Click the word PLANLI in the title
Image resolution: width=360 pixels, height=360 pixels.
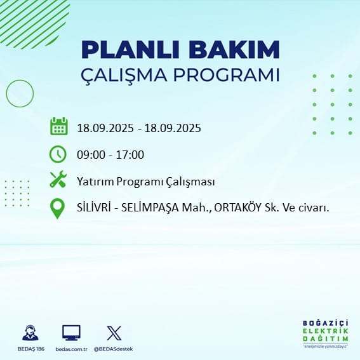pyautogui.click(x=130, y=50)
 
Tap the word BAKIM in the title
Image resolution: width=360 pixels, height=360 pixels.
pyautogui.click(x=234, y=50)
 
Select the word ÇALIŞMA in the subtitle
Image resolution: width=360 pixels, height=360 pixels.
pyautogui.click(x=124, y=75)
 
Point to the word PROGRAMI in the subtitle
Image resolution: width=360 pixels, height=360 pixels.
pyautogui.click(x=226, y=75)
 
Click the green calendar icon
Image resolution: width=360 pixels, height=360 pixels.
pyautogui.click(x=59, y=126)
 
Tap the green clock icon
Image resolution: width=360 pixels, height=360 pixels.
pyautogui.click(x=58, y=154)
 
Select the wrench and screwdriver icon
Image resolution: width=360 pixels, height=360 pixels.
pyautogui.click(x=58, y=179)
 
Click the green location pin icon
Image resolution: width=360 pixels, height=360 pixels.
pyautogui.click(x=57, y=208)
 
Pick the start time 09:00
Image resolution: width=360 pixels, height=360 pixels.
pyautogui.click(x=91, y=155)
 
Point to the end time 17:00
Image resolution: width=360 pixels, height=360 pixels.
pyautogui.click(x=130, y=155)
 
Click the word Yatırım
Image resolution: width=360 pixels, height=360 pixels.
pyautogui.click(x=95, y=182)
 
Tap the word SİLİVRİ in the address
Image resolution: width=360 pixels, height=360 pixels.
pyautogui.click(x=94, y=208)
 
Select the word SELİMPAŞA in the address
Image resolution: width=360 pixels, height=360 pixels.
pyautogui.click(x=150, y=208)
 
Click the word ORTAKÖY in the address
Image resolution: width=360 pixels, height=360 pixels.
pyautogui.click(x=238, y=208)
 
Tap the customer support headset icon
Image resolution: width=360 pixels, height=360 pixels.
pyautogui.click(x=30, y=333)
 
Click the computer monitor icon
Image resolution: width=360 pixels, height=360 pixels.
pyautogui.click(x=71, y=333)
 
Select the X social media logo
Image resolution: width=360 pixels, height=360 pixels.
pyautogui.click(x=114, y=333)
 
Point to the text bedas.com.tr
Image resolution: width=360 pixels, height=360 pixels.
pyautogui.click(x=71, y=349)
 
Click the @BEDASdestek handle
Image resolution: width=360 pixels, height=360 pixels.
pyautogui.click(x=113, y=349)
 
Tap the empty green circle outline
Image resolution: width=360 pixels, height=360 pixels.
pyautogui.click(x=6, y=93)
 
